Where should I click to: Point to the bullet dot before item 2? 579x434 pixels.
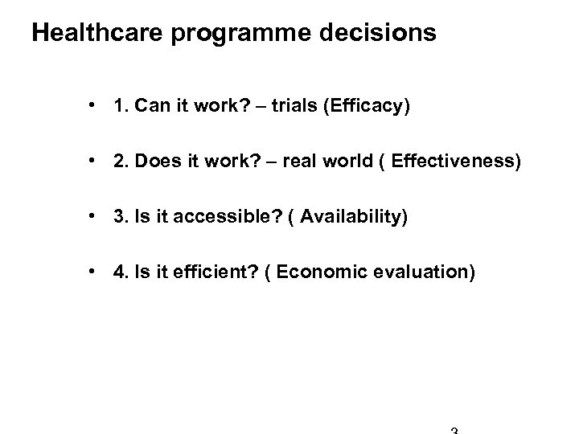click(95, 163)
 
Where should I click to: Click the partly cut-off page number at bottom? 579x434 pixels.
click(454, 430)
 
